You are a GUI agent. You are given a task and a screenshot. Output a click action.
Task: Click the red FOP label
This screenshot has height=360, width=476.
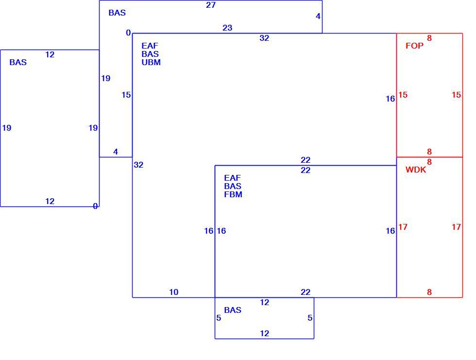[x=414, y=46]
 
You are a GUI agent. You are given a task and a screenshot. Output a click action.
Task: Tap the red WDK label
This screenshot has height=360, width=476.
[x=416, y=170]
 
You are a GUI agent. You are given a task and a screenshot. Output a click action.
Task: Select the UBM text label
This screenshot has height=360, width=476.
[x=151, y=62]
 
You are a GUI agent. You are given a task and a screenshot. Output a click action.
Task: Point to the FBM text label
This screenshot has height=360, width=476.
[x=233, y=194]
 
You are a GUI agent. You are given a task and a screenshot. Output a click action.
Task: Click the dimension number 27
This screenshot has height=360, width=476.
[x=211, y=5]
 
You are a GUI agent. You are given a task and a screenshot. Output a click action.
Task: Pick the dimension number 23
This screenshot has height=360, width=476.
[x=227, y=28]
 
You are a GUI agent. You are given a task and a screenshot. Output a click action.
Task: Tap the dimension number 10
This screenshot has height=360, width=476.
[x=174, y=292]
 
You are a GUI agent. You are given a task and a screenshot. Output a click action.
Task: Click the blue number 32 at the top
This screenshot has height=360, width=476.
[x=264, y=38]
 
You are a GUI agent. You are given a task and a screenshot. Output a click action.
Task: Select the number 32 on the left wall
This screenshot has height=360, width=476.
[x=138, y=165]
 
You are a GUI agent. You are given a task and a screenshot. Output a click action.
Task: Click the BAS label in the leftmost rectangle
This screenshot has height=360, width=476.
[x=18, y=62]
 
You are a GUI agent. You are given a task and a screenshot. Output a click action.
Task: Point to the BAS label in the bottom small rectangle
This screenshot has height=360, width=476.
[x=233, y=310]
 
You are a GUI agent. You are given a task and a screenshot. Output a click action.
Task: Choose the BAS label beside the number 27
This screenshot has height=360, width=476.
[x=117, y=13]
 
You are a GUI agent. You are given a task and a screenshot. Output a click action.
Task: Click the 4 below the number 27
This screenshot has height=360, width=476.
[x=318, y=17]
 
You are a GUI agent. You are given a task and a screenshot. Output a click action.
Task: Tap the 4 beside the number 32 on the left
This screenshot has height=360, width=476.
[x=116, y=152]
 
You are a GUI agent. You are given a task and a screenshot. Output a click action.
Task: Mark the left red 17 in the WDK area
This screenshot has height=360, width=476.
[x=403, y=227]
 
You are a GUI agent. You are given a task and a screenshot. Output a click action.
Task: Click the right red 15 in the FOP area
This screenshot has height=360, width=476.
[x=456, y=95]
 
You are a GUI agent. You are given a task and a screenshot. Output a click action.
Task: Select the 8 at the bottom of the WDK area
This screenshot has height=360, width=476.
[x=429, y=292]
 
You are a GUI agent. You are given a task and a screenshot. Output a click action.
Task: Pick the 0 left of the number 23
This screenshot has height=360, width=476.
[x=128, y=33]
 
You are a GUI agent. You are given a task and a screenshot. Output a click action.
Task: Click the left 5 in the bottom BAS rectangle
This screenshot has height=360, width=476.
[x=219, y=318]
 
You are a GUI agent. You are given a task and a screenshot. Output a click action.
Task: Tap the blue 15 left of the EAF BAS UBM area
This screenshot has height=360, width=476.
[x=126, y=95]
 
